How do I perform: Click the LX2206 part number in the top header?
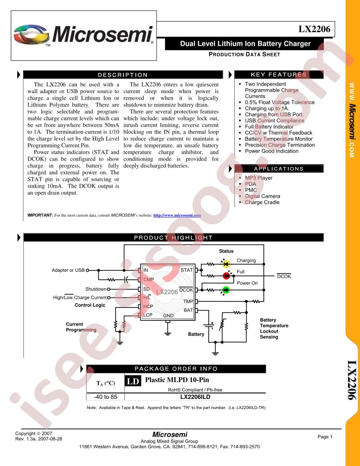pyautogui.click(x=314, y=29)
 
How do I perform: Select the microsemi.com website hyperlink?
pyautogui.click(x=177, y=215)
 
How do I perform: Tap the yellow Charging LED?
pyautogui.click(x=226, y=263)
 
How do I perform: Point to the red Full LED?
pyautogui.click(x=226, y=276)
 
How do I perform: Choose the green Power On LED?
pyautogui.click(x=226, y=290)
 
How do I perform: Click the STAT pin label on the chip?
pyautogui.click(x=187, y=270)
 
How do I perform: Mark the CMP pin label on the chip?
pyautogui.click(x=149, y=279)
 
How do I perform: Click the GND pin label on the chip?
pyautogui.click(x=168, y=316)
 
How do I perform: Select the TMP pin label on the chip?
pyautogui.click(x=188, y=301)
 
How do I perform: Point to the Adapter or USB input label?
pyautogui.click(x=68, y=270)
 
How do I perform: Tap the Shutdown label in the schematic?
pyautogui.click(x=96, y=289)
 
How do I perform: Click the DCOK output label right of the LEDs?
pyautogui.click(x=284, y=276)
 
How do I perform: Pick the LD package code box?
pyautogui.click(x=133, y=381)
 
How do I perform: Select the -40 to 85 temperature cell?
pyautogui.click(x=105, y=397)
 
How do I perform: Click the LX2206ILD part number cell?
pyautogui.click(x=195, y=397)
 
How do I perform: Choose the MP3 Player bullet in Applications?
pyautogui.click(x=259, y=178)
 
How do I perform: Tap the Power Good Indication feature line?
pyautogui.click(x=271, y=151)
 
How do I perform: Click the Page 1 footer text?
pyautogui.click(x=325, y=436)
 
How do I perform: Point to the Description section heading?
pyautogui.click(x=123, y=75)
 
